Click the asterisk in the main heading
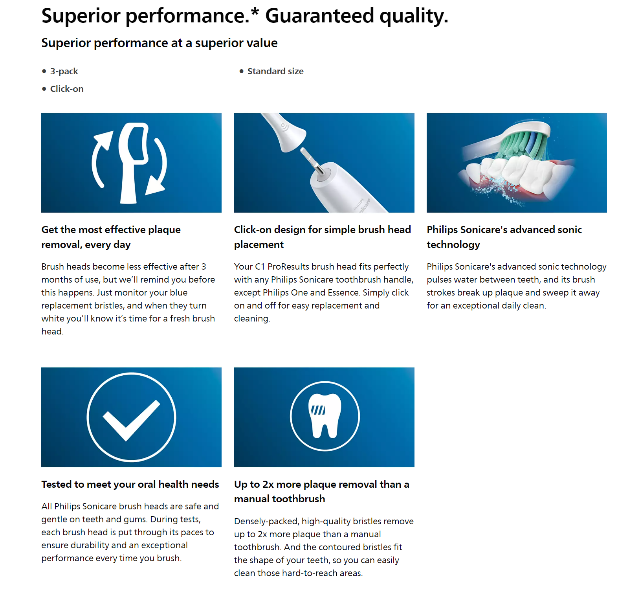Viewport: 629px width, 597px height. coord(255,11)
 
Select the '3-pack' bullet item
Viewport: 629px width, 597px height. coord(64,71)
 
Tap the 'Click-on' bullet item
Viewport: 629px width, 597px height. coord(67,89)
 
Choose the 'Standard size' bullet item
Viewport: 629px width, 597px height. coord(275,71)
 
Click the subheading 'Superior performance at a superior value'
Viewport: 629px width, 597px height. coord(160,43)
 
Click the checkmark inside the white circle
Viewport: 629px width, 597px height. coord(131,420)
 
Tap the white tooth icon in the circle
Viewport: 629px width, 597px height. coord(325,415)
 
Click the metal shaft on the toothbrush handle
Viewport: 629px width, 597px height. coord(313,161)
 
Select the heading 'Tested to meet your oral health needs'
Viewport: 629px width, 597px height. coord(130,484)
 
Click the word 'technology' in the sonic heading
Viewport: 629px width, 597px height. coord(453,244)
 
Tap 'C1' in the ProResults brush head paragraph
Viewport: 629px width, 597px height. coord(260,266)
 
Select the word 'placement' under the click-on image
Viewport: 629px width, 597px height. coord(259,244)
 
